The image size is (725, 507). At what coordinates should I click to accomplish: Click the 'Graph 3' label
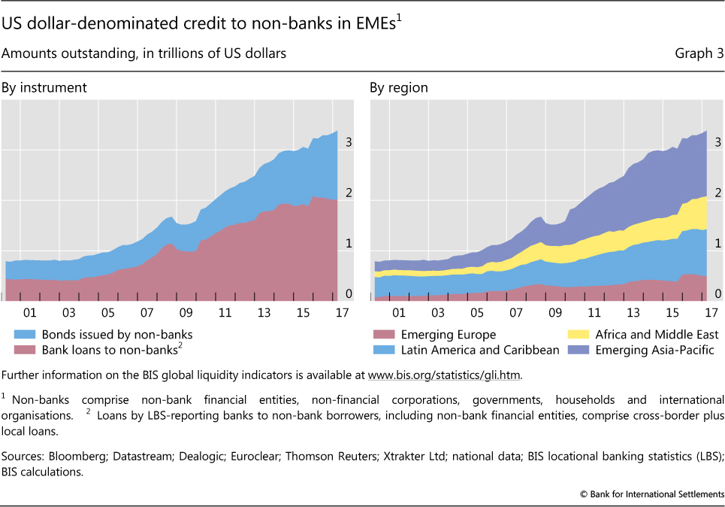point(693,53)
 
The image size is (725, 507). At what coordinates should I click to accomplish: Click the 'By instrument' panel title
point(44,88)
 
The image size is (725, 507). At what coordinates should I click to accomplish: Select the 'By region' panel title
point(399,88)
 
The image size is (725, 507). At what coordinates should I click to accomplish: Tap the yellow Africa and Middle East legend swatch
point(579,335)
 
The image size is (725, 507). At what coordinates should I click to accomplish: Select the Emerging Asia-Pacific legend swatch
point(579,350)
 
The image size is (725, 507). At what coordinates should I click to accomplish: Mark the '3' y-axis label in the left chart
point(349,141)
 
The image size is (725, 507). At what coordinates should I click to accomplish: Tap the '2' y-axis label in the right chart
point(717,192)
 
